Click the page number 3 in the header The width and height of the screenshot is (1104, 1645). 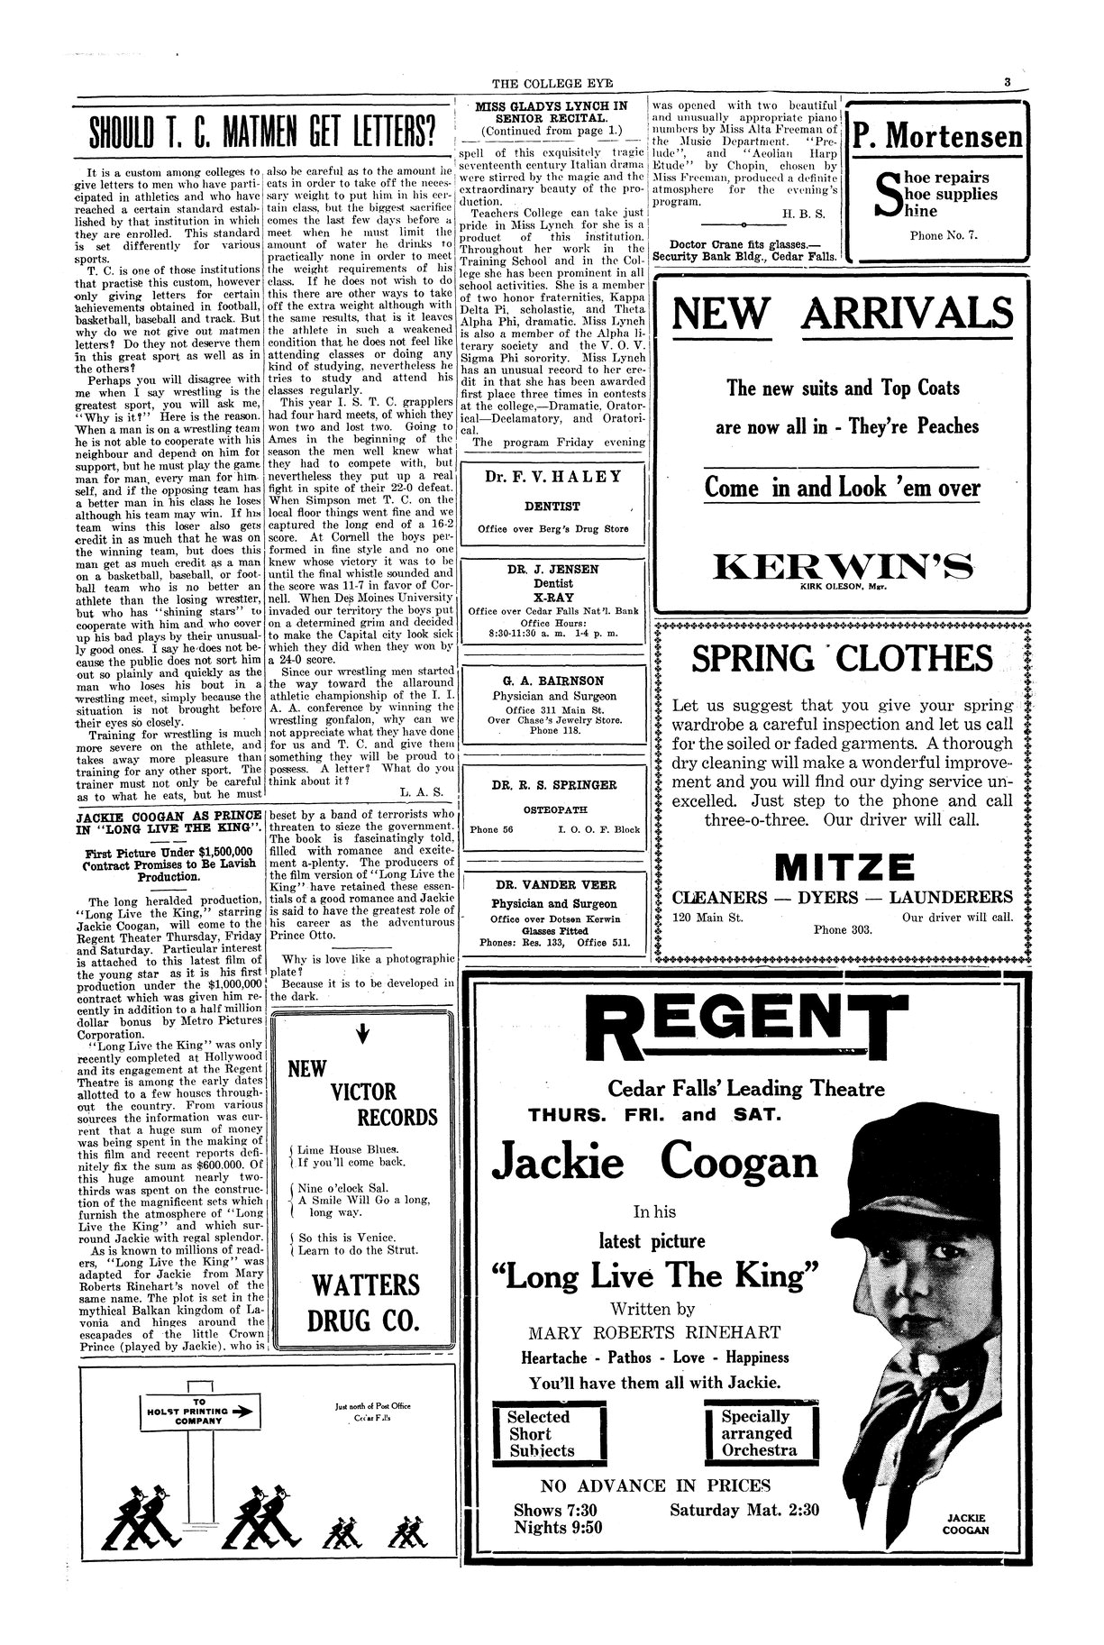(1008, 84)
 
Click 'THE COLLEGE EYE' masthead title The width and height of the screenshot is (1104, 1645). (552, 85)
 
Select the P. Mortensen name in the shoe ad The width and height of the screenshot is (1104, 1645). (938, 137)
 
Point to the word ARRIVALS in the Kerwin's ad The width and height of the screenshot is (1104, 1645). (907, 315)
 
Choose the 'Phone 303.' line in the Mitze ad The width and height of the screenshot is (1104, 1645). (843, 929)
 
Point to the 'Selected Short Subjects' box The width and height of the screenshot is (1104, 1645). (549, 1433)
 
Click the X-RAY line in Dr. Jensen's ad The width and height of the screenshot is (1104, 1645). (552, 597)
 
